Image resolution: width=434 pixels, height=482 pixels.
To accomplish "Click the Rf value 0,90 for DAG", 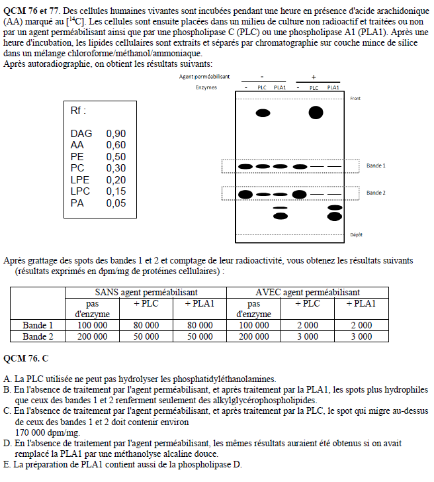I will [x=116, y=134].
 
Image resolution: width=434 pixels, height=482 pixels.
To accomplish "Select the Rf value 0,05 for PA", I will [x=116, y=203].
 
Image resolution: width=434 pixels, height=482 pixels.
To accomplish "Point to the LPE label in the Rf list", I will [x=79, y=180].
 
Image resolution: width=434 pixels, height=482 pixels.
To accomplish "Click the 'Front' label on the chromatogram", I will [x=355, y=98].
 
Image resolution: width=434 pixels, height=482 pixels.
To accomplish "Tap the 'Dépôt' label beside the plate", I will [x=356, y=235].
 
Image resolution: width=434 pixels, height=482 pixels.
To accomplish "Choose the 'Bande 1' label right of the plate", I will [x=376, y=166].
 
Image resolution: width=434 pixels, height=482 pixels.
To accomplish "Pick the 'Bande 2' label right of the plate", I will [x=376, y=193].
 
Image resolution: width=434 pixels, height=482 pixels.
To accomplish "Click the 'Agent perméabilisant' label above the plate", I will [x=204, y=77].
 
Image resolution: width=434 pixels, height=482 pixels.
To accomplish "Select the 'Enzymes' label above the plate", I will [x=206, y=87].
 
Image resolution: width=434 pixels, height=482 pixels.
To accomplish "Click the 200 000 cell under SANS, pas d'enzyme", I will [x=92, y=336].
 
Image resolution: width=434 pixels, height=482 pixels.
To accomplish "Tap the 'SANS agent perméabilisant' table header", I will [x=146, y=292].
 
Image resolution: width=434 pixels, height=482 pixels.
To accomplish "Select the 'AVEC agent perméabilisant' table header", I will [x=308, y=292].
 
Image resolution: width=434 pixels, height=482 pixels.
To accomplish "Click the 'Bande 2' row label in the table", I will [x=38, y=336].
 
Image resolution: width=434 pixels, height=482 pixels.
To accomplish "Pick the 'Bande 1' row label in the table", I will [x=38, y=325].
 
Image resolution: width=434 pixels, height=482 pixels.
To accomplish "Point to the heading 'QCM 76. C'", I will [x=26, y=358].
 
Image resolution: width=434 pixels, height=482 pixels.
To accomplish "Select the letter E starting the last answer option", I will [x=7, y=464].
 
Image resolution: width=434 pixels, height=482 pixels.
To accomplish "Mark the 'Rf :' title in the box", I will [x=78, y=111].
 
